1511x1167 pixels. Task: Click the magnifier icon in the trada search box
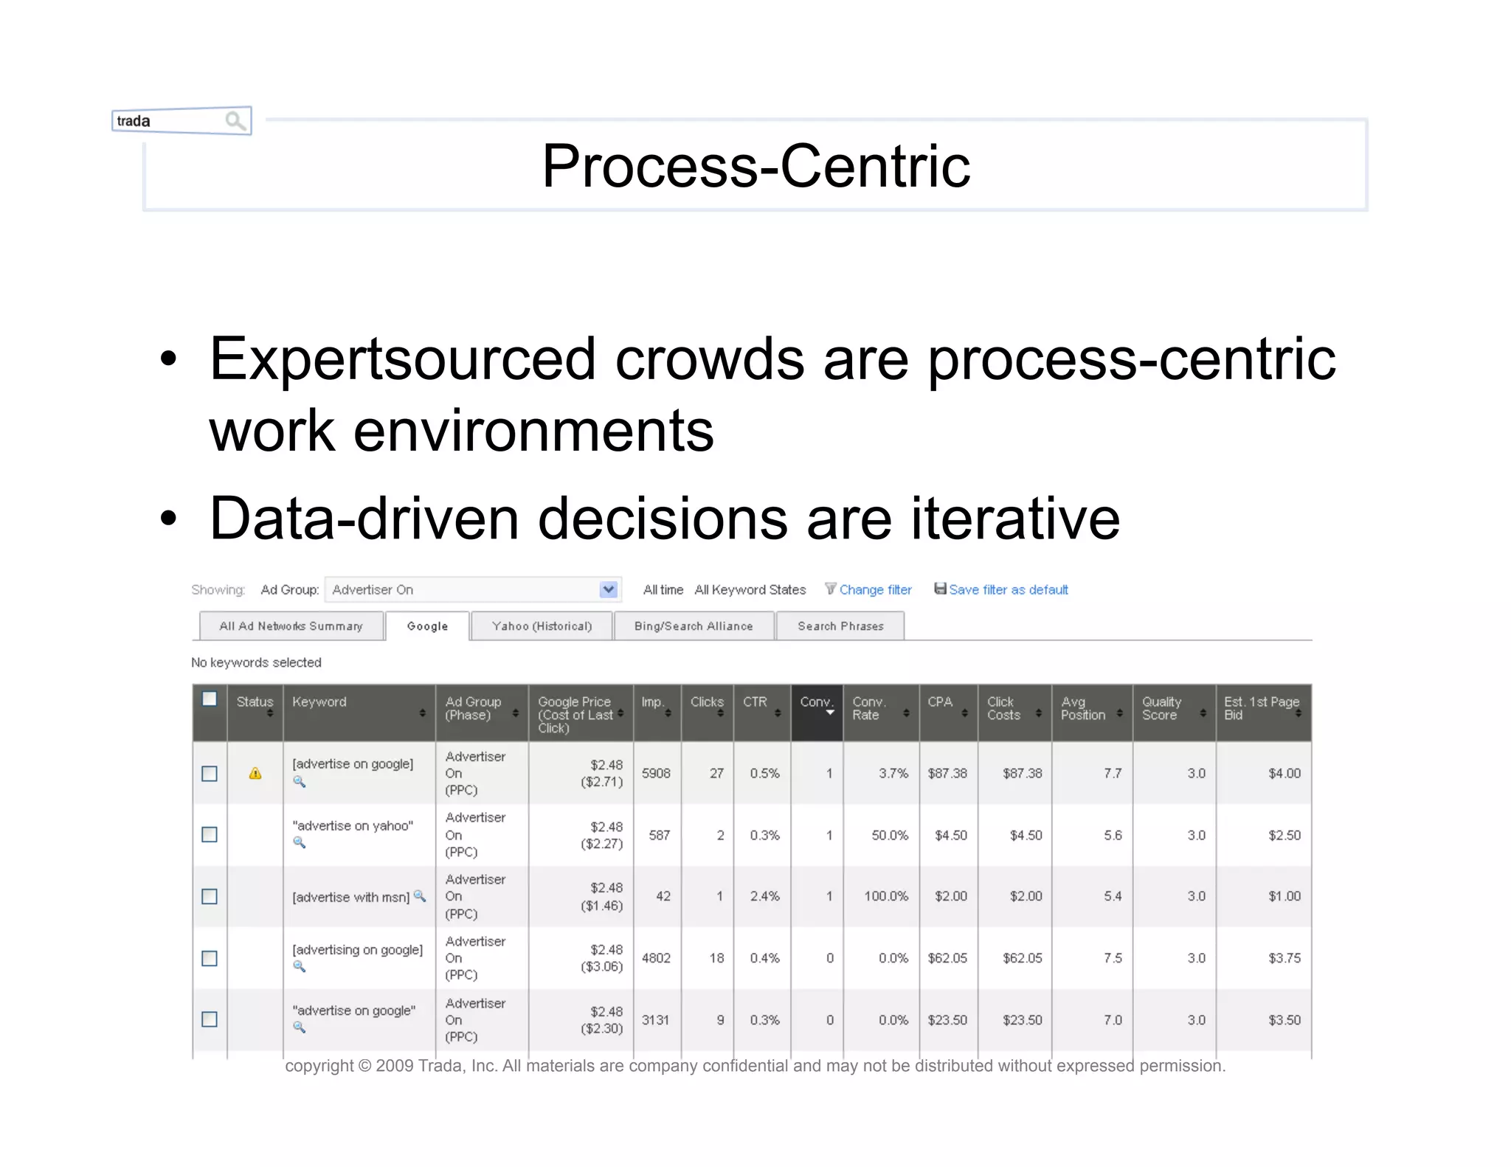[235, 120]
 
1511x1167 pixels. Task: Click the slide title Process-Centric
[755, 166]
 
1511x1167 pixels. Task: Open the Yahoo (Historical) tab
[542, 626]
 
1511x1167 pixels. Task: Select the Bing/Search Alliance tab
[694, 626]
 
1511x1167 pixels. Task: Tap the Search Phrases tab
[840, 626]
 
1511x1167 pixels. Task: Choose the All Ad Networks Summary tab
[291, 626]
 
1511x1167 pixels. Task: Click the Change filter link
[875, 589]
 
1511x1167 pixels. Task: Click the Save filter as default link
[1008, 589]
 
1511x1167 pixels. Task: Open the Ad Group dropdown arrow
[608, 589]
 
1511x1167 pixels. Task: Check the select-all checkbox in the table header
[210, 699]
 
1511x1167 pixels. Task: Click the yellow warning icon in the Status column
[255, 773]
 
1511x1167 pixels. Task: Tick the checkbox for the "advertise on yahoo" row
[210, 834]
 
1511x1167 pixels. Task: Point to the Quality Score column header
[1162, 708]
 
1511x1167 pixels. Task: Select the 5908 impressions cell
[656, 773]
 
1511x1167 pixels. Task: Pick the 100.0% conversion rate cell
[886, 896]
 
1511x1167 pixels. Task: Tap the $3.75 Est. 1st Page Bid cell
[1284, 958]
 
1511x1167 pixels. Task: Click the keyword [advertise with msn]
[350, 897]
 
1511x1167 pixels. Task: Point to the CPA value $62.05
[947, 958]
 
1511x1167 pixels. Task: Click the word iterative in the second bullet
[1015, 519]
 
